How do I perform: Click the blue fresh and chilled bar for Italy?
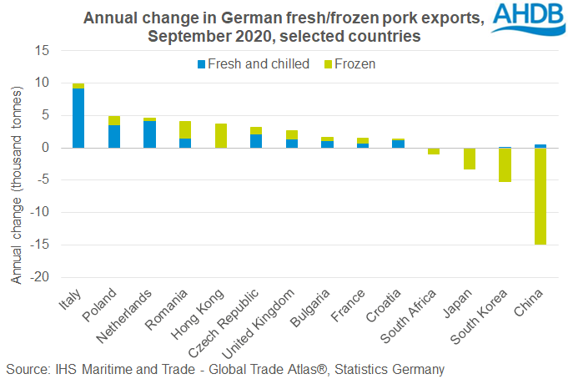tap(78, 118)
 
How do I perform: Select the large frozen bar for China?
tap(540, 196)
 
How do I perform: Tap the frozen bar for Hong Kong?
tap(221, 136)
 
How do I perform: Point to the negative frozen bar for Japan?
tap(470, 159)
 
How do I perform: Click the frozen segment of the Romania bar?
tap(185, 129)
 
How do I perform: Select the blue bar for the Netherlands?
tap(149, 134)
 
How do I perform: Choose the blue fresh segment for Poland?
tap(114, 136)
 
